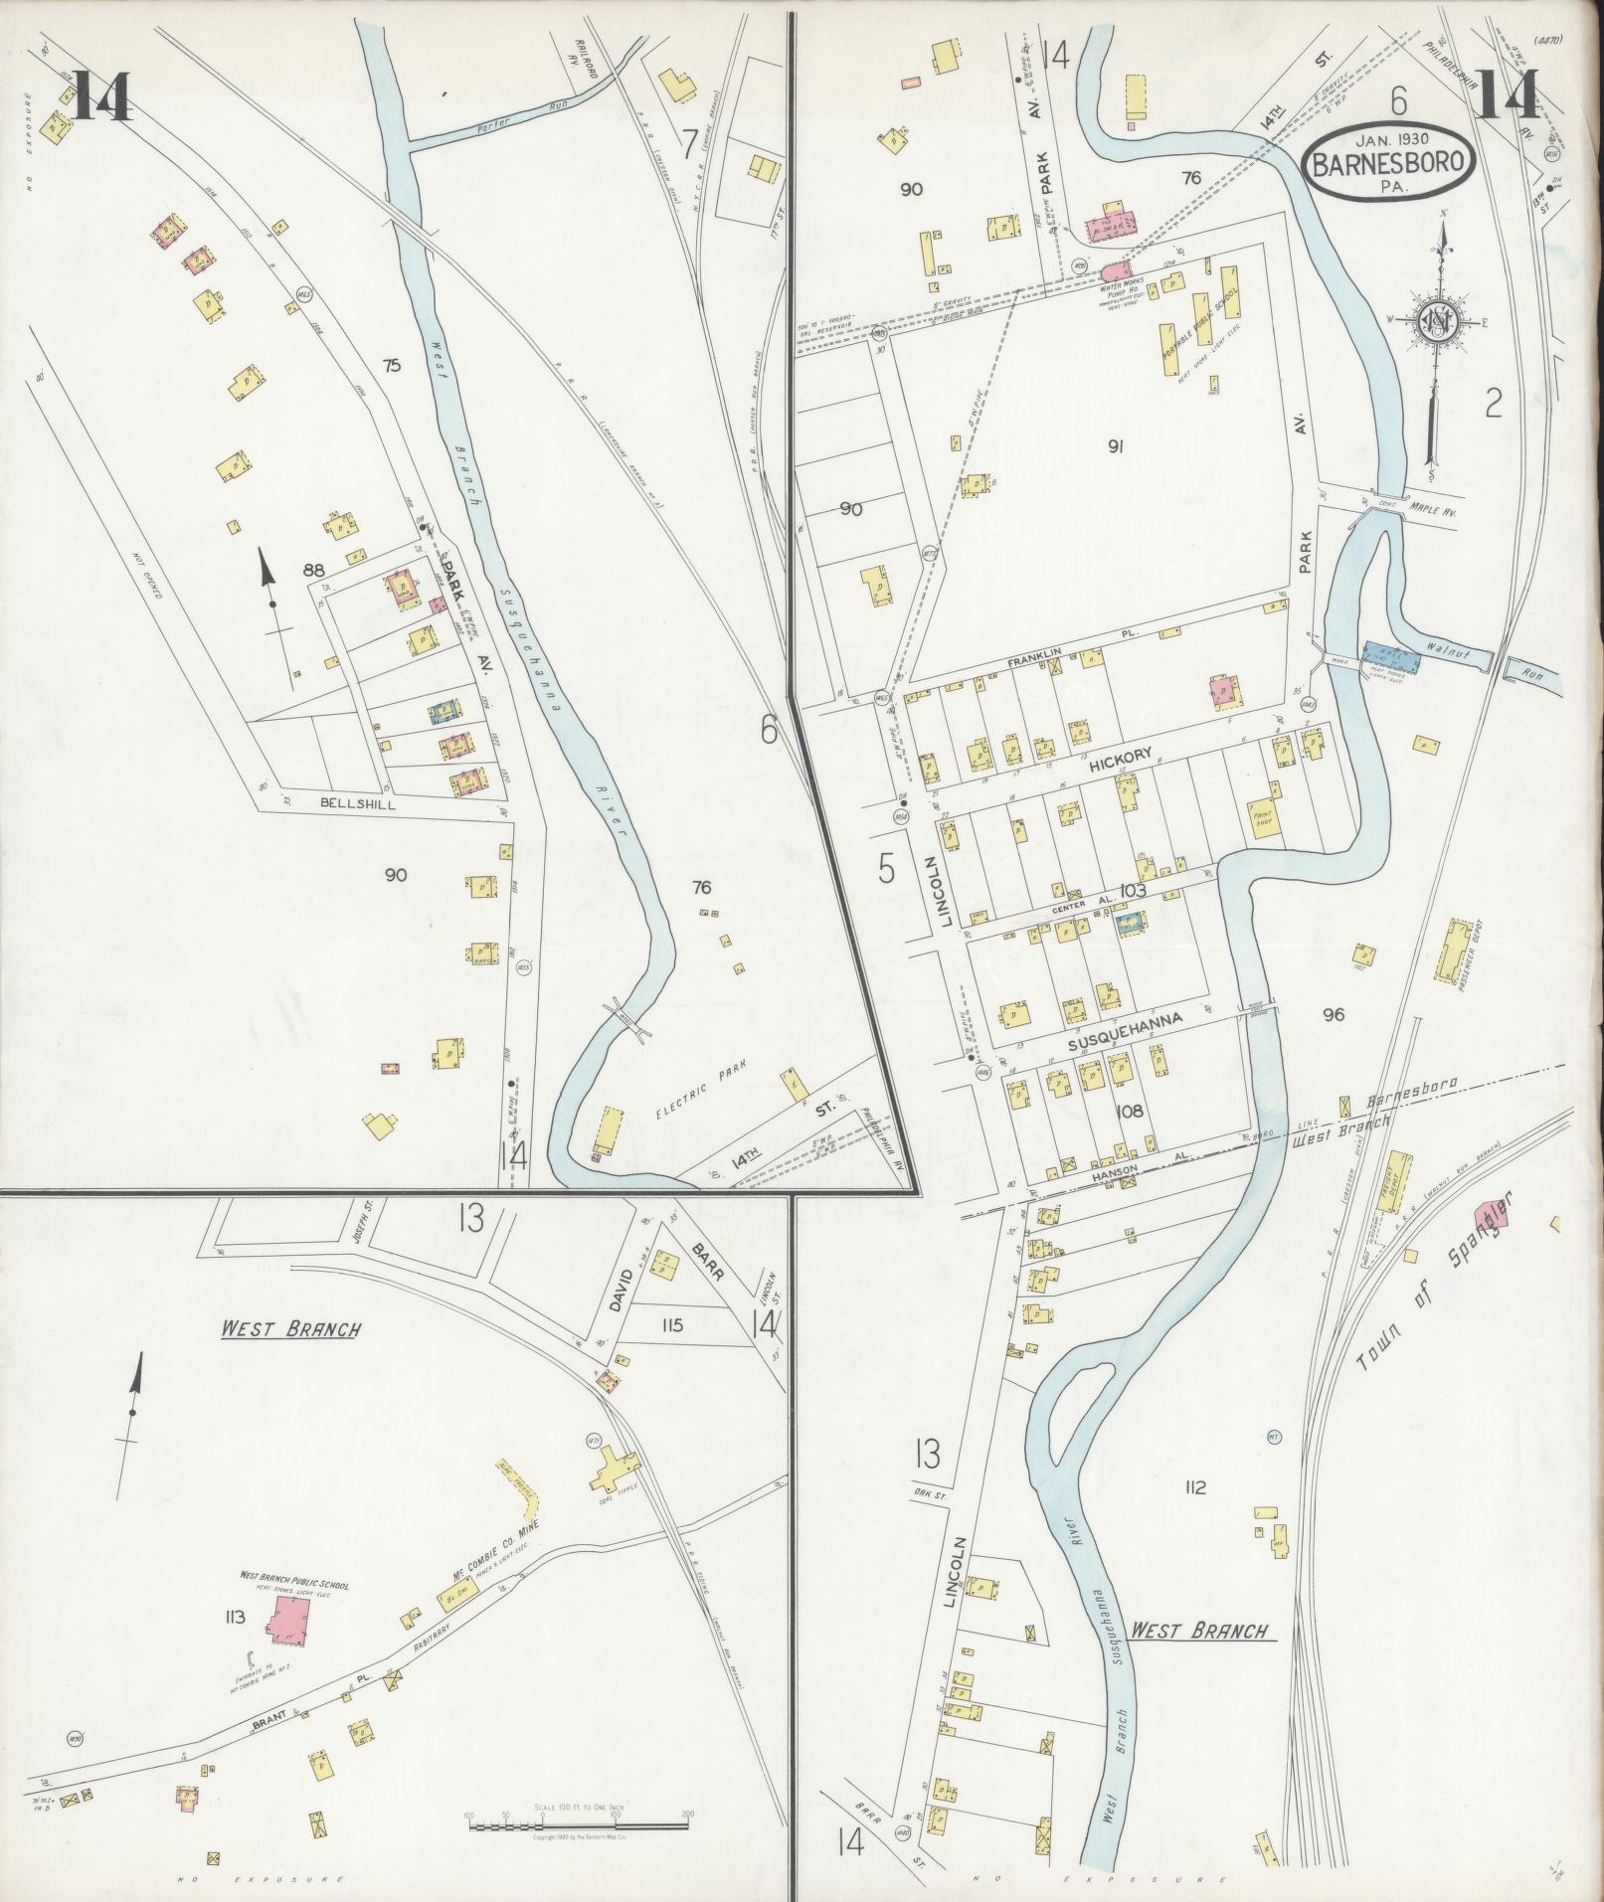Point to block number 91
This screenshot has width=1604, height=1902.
click(x=1116, y=446)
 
